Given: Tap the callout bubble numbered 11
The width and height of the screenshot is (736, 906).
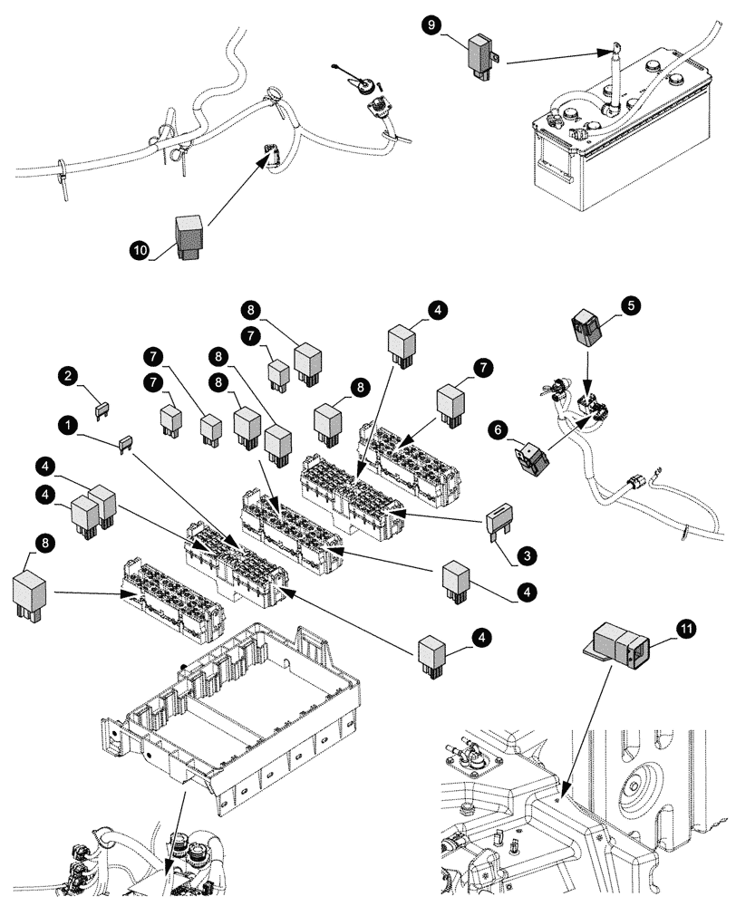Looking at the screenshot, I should tap(687, 627).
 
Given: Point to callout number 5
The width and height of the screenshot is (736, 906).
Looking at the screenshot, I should tap(631, 306).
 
